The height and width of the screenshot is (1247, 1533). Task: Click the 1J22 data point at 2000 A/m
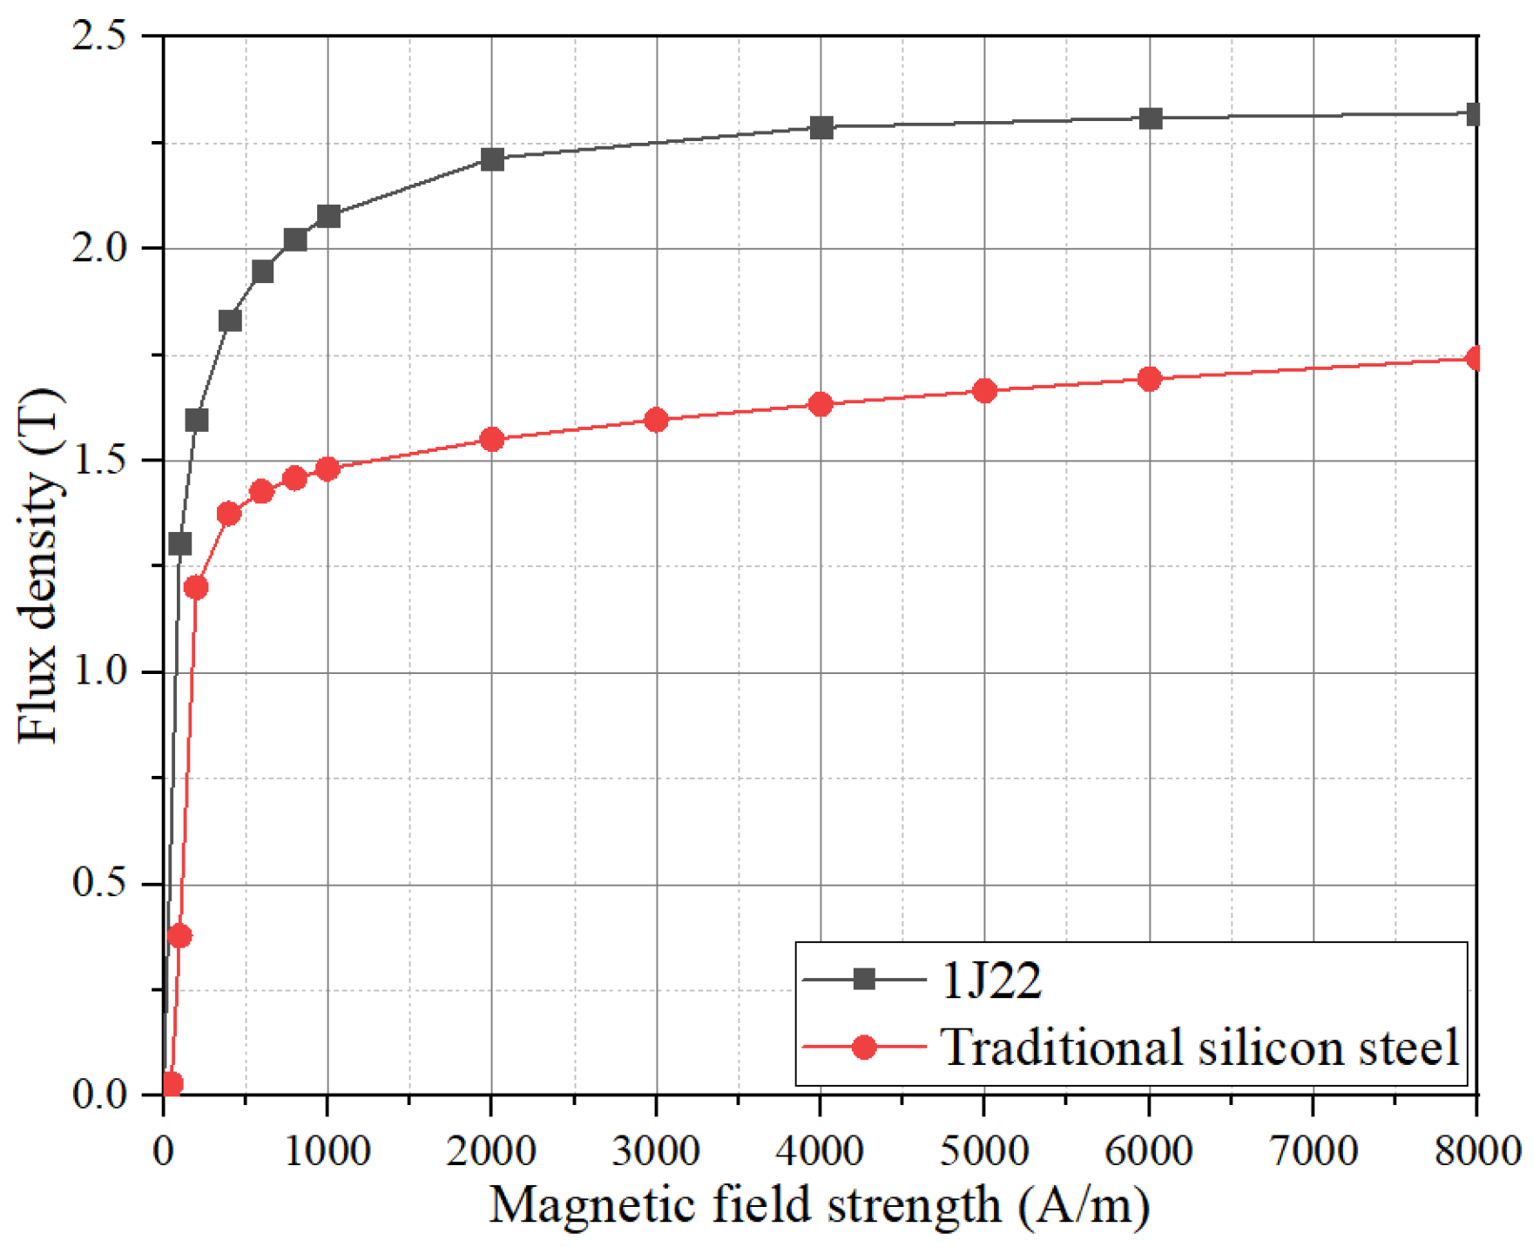click(492, 158)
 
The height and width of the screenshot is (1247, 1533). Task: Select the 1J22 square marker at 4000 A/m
click(821, 127)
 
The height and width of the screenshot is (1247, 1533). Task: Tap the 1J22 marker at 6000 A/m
click(1150, 118)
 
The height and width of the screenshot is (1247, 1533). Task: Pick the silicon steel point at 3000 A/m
click(656, 420)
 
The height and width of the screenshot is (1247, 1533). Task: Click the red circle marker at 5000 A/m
click(984, 391)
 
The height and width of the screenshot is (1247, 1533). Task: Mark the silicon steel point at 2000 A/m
click(492, 439)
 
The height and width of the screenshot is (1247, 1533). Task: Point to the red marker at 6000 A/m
click(1149, 378)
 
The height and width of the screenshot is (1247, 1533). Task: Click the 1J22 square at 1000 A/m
click(328, 215)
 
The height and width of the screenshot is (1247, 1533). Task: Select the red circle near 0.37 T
click(179, 936)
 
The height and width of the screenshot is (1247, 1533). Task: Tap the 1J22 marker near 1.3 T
click(179, 543)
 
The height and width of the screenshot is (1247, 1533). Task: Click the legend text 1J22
click(991, 981)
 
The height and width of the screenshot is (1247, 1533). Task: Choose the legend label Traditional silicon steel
click(1199, 1047)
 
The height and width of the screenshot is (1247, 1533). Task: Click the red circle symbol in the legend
click(863, 1047)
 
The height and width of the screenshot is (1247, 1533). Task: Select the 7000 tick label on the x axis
click(1313, 1150)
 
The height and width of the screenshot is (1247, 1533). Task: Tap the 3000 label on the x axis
click(656, 1150)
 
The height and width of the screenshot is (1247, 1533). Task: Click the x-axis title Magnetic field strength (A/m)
click(819, 1205)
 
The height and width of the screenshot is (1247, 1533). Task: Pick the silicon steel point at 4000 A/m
click(820, 404)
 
